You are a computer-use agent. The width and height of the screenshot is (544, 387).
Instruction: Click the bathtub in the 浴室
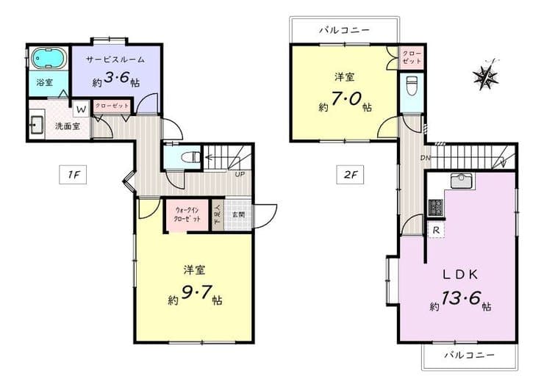coord(49,59)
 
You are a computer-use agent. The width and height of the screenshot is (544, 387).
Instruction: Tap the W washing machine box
coord(81,109)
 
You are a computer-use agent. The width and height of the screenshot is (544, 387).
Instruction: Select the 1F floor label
coord(73,175)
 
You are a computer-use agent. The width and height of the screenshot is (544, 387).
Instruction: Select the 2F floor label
coord(350,175)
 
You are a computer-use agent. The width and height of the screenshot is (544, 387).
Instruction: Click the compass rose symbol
coord(486,75)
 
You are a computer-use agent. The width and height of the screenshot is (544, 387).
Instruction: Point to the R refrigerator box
coord(436,231)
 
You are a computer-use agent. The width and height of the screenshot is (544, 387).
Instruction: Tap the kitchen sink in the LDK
coord(463,181)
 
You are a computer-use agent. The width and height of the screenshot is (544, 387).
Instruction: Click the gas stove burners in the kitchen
coord(436,208)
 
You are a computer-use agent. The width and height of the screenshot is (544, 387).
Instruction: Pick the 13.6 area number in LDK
coord(461,298)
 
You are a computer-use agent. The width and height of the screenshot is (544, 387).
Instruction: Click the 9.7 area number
coord(196,293)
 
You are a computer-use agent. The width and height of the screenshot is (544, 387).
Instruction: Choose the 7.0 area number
coord(346,100)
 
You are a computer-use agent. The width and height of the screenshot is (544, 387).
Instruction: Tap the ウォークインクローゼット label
coord(187,214)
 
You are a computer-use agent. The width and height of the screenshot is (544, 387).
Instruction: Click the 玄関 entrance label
coord(238,215)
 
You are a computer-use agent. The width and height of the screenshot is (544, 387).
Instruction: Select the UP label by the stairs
coord(240,174)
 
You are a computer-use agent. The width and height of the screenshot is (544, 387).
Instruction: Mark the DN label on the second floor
coord(426,158)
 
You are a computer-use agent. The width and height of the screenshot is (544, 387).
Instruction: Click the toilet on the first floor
coord(191,157)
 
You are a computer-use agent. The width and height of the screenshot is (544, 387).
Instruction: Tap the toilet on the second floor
coord(412,86)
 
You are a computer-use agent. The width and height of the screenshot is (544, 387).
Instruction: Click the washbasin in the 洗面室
coord(37,123)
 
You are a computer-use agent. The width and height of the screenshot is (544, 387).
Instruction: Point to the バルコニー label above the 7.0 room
coord(344,31)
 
